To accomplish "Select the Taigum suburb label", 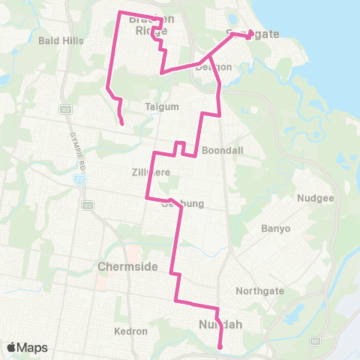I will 162,107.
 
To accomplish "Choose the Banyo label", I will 274,228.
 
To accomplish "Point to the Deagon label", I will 214,67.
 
